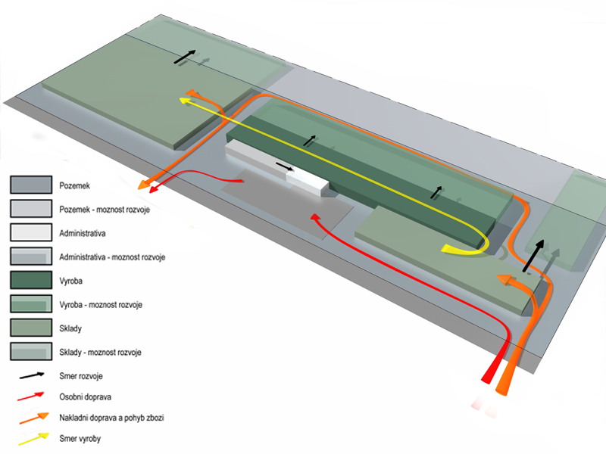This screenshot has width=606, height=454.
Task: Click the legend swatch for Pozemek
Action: [x=30, y=185]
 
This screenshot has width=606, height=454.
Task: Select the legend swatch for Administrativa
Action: [x=30, y=232]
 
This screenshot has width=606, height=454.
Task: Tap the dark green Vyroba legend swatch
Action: [x=30, y=280]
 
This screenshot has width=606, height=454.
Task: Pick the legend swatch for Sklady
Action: [x=30, y=328]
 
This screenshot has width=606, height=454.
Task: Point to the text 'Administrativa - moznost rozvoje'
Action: [x=111, y=257]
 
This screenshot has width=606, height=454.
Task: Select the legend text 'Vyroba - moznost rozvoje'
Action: [x=101, y=304]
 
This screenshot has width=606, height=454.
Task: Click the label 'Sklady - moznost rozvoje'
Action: [x=100, y=352]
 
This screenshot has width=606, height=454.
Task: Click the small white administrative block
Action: [x=307, y=182]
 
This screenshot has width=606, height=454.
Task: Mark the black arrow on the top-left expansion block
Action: [x=184, y=57]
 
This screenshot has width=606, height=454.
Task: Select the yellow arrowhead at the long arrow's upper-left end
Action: [x=184, y=98]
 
